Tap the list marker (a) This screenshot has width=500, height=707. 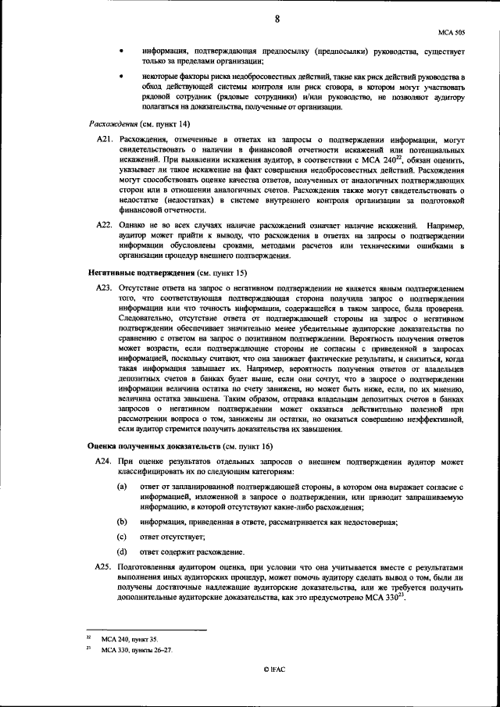tap(122, 487)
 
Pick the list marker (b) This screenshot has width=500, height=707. tap(122, 521)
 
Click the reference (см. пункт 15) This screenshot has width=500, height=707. tap(222, 273)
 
